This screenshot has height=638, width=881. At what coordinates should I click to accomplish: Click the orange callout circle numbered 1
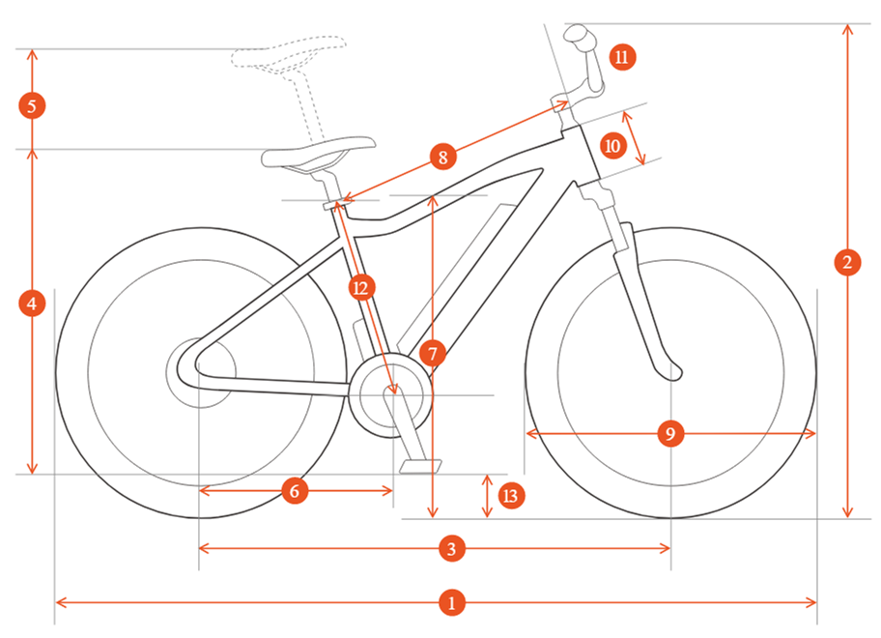(x=452, y=602)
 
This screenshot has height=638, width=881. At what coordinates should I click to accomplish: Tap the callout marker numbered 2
(x=847, y=262)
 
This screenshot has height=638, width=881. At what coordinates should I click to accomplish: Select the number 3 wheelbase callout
(x=452, y=548)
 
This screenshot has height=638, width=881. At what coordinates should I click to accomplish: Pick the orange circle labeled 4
(x=32, y=304)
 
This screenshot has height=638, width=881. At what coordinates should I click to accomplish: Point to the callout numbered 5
(x=32, y=105)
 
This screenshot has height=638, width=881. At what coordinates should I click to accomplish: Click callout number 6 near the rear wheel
(x=295, y=491)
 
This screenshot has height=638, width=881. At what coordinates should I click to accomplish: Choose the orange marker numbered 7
(x=432, y=354)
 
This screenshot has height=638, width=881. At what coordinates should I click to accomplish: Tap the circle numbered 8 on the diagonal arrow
(x=442, y=157)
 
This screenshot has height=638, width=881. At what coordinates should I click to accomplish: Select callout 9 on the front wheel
(x=670, y=433)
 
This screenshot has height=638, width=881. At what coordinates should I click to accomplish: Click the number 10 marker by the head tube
(x=612, y=146)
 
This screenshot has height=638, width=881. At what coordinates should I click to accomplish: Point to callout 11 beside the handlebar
(x=622, y=57)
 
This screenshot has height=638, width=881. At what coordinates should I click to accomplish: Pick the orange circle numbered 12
(x=361, y=288)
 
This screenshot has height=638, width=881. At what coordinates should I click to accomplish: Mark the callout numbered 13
(x=511, y=495)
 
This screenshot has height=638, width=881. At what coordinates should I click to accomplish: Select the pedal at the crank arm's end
(x=420, y=466)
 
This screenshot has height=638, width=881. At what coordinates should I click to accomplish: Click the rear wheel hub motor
(x=201, y=372)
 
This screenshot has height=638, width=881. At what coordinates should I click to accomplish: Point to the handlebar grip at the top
(x=578, y=34)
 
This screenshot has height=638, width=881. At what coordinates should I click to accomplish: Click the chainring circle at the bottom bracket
(x=391, y=395)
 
